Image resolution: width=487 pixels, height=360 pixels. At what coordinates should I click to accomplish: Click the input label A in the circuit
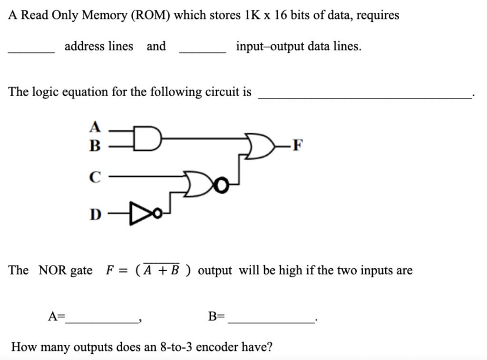pos(96,127)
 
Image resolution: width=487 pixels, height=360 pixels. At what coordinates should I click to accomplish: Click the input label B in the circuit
pos(95,145)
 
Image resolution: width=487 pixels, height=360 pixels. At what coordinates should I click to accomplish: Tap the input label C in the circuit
pos(95,177)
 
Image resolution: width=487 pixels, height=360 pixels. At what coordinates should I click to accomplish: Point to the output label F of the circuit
pos(297,145)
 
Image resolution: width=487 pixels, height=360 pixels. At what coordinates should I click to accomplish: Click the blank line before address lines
pos(31,51)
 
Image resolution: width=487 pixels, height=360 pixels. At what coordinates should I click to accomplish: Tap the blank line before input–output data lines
pos(203,51)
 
